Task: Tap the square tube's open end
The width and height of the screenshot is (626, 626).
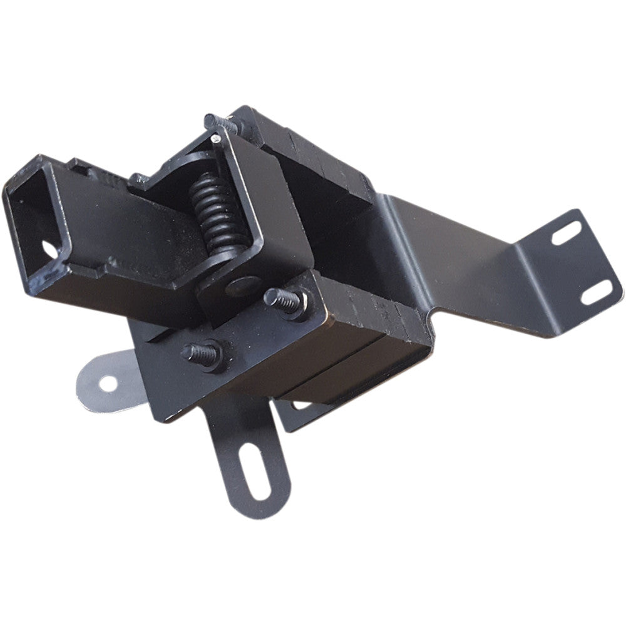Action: (x=34, y=213)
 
